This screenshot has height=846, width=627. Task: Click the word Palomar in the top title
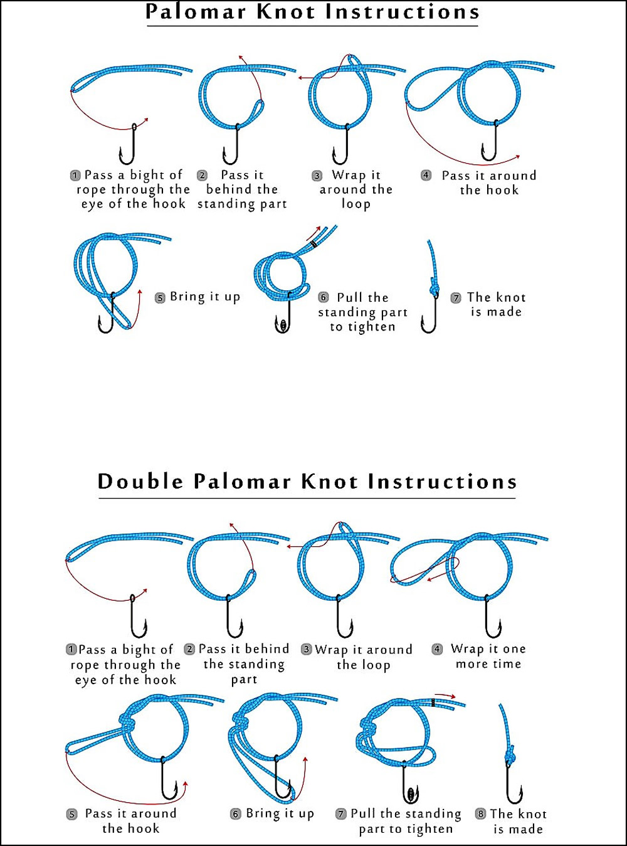pyautogui.click(x=196, y=12)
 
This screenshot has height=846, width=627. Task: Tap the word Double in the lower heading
pyautogui.click(x=140, y=482)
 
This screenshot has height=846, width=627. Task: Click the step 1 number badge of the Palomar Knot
pyautogui.click(x=75, y=176)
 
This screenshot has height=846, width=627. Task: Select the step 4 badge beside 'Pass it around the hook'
pyautogui.click(x=426, y=175)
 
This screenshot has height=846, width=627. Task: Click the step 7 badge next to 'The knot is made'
pyautogui.click(x=456, y=297)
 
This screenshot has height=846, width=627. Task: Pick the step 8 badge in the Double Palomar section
pyautogui.click(x=480, y=814)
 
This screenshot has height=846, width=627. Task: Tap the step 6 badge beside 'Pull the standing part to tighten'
pyautogui.click(x=324, y=297)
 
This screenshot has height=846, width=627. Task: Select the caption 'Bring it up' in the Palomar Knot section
pyautogui.click(x=205, y=297)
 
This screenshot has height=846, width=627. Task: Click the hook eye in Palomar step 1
pyautogui.click(x=134, y=127)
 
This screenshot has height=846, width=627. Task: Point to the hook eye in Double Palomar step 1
pyautogui.click(x=132, y=598)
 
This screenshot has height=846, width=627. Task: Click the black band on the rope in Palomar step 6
pyautogui.click(x=314, y=244)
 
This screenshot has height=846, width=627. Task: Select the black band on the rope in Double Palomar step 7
pyautogui.click(x=433, y=702)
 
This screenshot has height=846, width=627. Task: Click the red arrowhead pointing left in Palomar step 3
pyautogui.click(x=300, y=78)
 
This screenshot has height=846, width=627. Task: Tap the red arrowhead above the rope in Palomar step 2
pyautogui.click(x=241, y=57)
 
